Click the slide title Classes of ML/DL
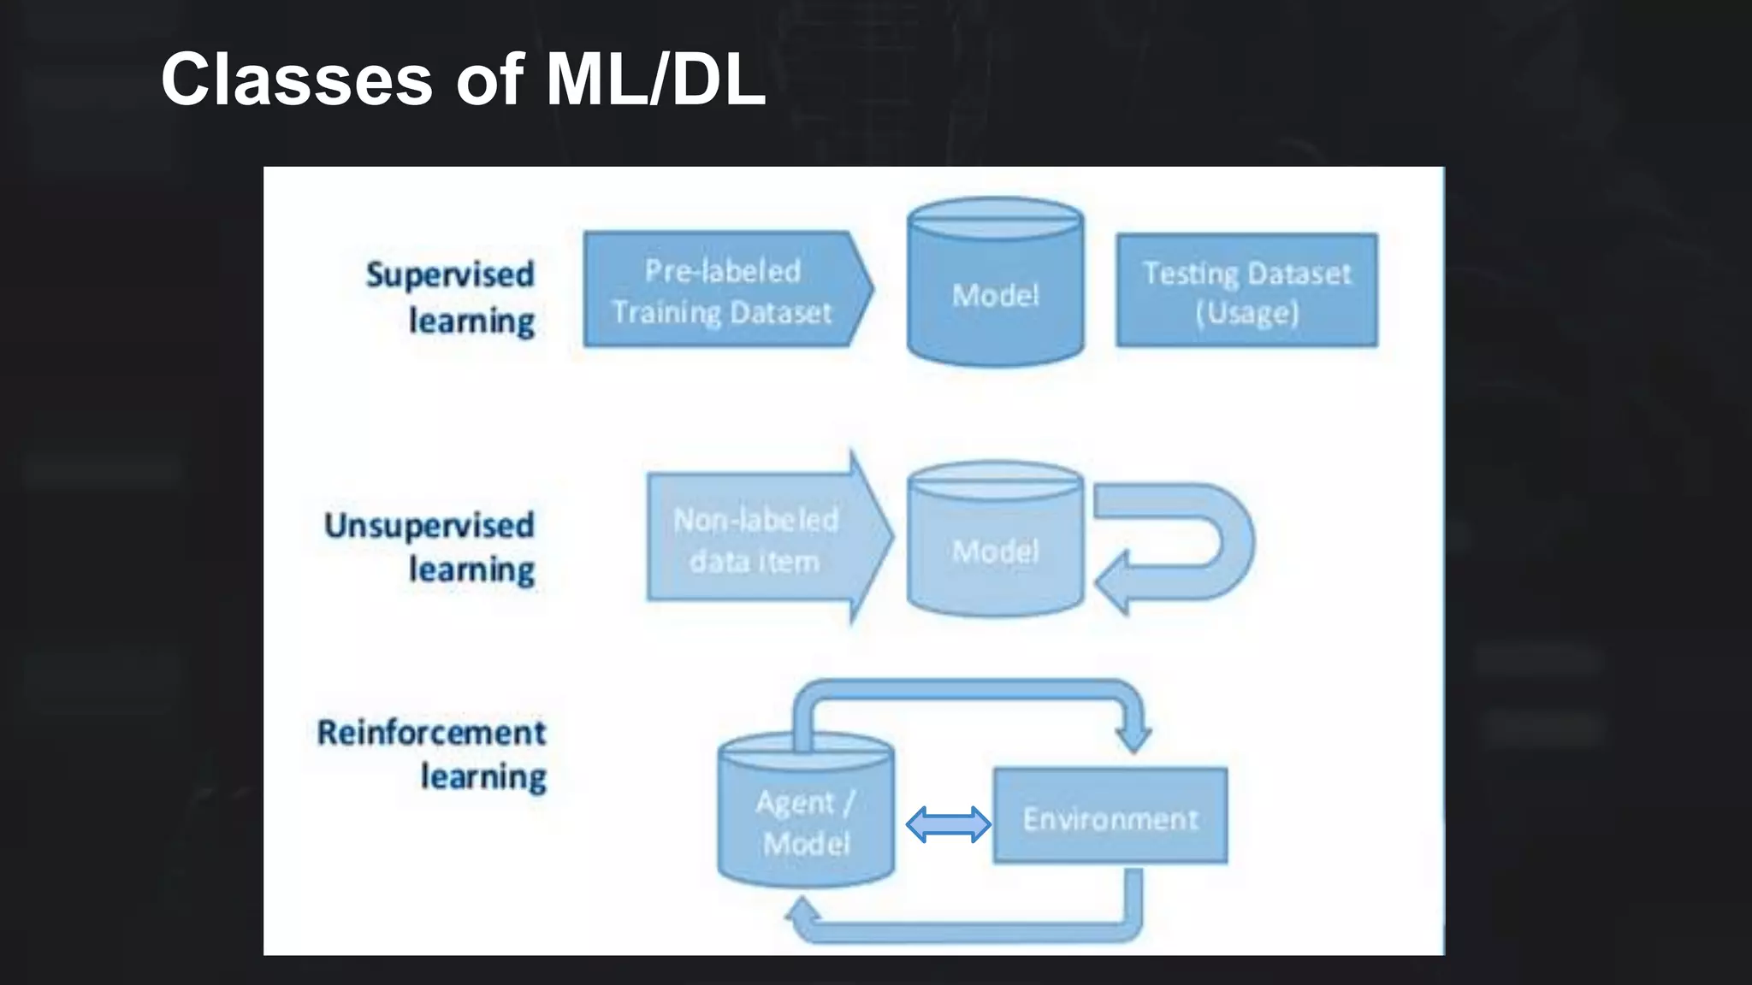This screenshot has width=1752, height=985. point(463,80)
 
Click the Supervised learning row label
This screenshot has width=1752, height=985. point(451,297)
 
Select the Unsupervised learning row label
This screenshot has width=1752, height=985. point(430,547)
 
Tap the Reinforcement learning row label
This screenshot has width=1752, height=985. point(432,754)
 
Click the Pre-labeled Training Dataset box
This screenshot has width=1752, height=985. point(723,291)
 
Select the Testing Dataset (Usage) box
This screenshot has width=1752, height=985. point(1246,291)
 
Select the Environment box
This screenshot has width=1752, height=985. point(1110,817)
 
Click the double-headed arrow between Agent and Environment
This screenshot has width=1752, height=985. point(948,824)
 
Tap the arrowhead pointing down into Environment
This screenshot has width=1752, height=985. point(1134,736)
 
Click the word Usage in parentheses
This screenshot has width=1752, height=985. point(1246,313)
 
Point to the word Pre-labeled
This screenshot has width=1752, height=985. point(723,271)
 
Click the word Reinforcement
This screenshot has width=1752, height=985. point(432,733)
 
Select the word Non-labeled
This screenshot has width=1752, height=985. point(756,520)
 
